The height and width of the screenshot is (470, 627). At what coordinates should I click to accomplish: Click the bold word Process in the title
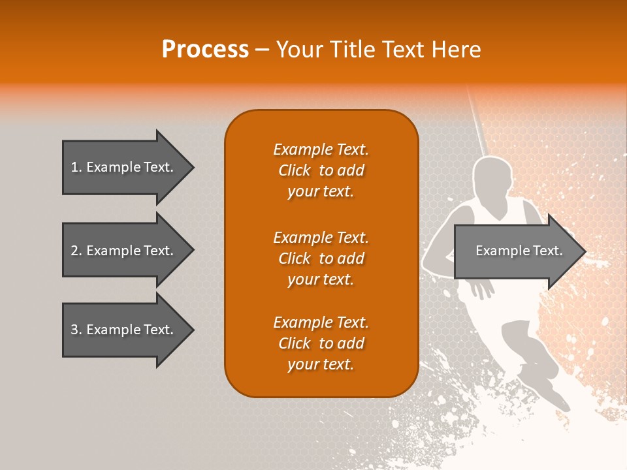205,49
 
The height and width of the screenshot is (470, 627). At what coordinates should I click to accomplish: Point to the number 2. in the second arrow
76,251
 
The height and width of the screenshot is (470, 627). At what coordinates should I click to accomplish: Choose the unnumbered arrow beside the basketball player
516,251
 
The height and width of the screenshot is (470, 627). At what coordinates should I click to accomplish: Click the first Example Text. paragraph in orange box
321,170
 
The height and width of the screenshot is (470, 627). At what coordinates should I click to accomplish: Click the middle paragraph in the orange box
321,258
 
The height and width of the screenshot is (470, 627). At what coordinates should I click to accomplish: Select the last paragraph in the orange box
321,343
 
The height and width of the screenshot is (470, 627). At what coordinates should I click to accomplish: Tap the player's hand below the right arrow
482,288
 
